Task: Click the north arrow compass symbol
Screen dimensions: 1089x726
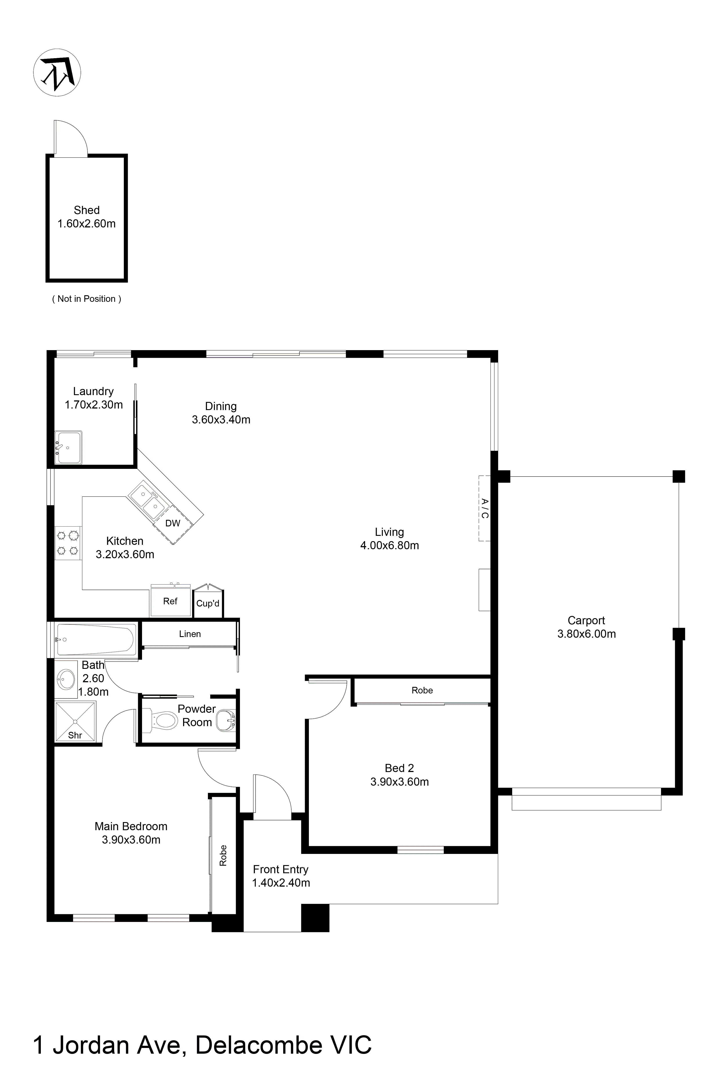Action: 57,73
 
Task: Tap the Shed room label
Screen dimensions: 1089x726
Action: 86,210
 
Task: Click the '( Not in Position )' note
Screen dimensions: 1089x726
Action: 86,299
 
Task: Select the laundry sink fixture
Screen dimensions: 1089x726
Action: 68,447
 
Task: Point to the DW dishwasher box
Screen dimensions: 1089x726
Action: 173,523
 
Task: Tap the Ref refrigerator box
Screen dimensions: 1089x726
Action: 170,601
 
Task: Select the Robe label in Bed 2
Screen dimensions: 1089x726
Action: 422,690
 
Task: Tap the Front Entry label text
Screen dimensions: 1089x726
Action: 281,869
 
